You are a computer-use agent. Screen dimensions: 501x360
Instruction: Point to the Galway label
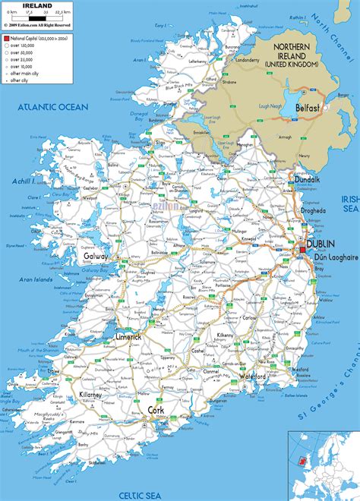96,257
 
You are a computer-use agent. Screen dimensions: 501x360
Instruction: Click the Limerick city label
144,336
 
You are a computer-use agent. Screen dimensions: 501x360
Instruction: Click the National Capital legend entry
41,36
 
